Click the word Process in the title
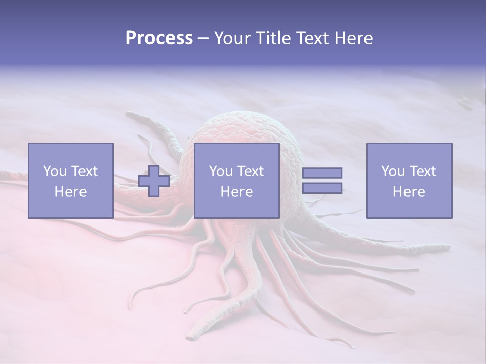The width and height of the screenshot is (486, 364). [159, 38]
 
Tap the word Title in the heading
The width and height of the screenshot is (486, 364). [275, 38]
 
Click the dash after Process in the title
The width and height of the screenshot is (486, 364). [204, 39]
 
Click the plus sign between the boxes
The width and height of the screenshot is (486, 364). [154, 180]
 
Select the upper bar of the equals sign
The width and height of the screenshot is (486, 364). [322, 173]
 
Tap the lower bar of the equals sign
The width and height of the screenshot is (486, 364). [322, 188]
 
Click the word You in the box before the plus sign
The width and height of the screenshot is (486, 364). [55, 171]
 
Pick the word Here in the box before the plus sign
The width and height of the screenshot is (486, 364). [70, 192]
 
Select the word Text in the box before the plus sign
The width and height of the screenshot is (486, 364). [84, 171]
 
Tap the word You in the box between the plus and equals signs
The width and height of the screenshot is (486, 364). [221, 171]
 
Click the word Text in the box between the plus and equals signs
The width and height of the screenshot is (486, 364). [250, 171]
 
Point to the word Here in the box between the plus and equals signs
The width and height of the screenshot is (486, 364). [236, 192]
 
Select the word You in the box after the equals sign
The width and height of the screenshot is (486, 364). [393, 171]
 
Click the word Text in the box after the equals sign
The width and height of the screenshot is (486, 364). [422, 171]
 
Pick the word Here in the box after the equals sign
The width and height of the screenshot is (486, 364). [409, 192]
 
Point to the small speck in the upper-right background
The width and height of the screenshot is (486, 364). [464, 103]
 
